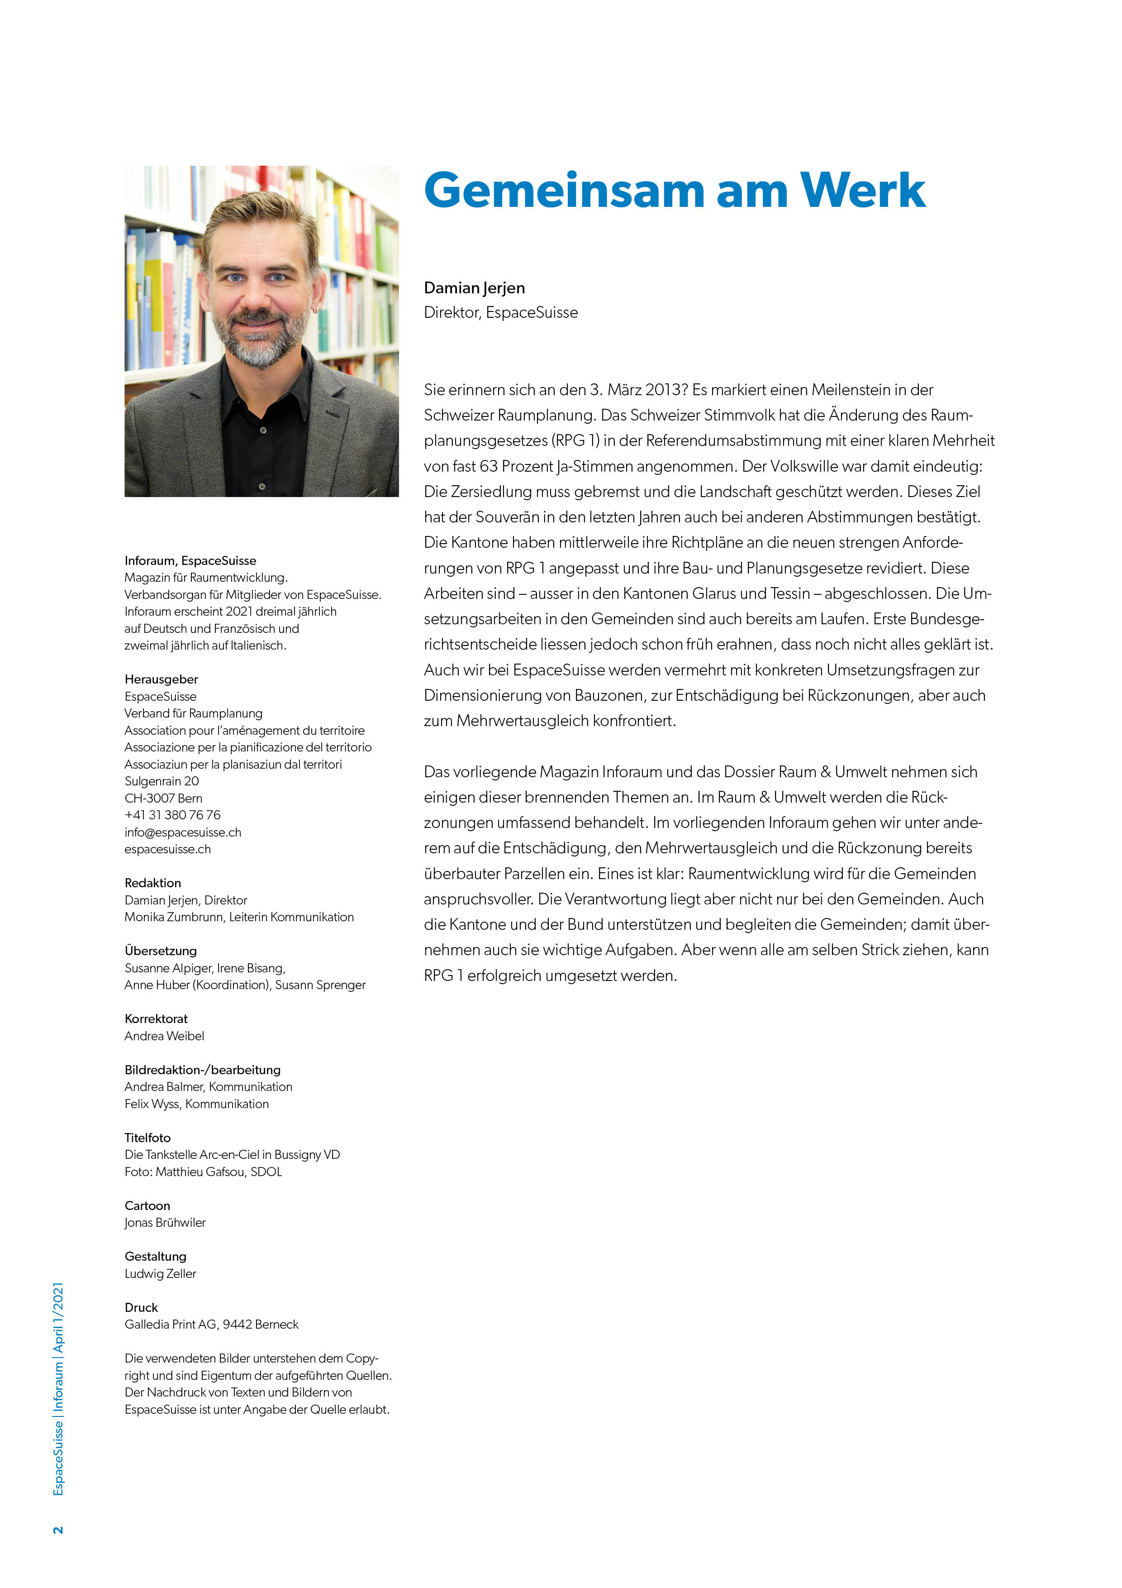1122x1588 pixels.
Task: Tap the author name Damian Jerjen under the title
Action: [474, 288]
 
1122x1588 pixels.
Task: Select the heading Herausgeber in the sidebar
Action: [161, 679]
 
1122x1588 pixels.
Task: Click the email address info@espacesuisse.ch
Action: [182, 832]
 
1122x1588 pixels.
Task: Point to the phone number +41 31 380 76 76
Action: [172, 815]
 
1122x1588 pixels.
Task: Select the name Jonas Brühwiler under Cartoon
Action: [165, 1222]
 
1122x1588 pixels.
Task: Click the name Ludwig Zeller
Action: [161, 1273]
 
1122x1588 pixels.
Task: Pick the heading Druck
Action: [141, 1307]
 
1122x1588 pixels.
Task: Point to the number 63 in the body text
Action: [488, 466]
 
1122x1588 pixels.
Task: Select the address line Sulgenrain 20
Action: [161, 781]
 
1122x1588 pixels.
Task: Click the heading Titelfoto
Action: [147, 1138]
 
